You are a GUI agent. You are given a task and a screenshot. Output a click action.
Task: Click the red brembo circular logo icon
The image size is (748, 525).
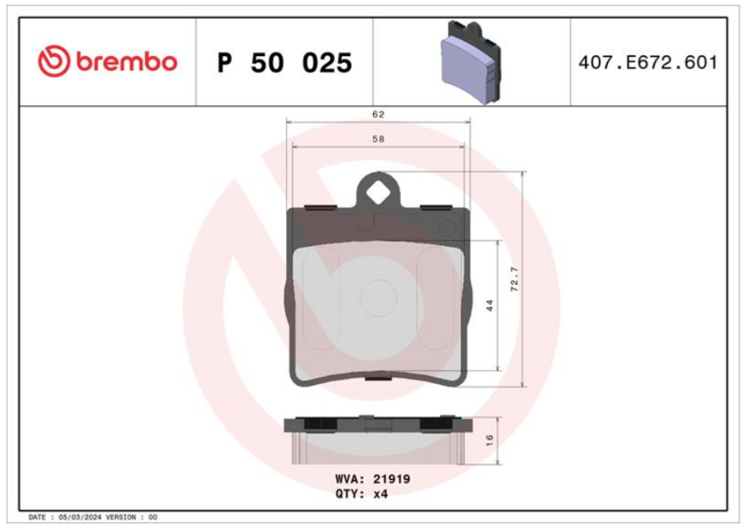tap(54, 61)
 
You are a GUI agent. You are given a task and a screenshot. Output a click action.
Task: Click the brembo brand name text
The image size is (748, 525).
tap(126, 62)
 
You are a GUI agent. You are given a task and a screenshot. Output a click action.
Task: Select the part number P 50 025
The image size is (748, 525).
tap(285, 63)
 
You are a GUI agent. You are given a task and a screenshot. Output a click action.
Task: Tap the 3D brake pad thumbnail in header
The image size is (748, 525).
tap(470, 61)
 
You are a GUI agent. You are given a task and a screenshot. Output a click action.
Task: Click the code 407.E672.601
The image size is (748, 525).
tap(648, 63)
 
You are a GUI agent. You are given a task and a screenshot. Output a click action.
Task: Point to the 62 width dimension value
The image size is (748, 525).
tap(379, 114)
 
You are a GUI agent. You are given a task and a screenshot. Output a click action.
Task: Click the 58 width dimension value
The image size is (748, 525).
tap(379, 139)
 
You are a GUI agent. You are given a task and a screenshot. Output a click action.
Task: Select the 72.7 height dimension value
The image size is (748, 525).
tap(514, 279)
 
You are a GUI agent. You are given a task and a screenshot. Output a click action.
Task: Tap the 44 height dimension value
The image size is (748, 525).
tap(489, 305)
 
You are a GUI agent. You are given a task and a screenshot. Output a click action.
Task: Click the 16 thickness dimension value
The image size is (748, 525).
tap(489, 440)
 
